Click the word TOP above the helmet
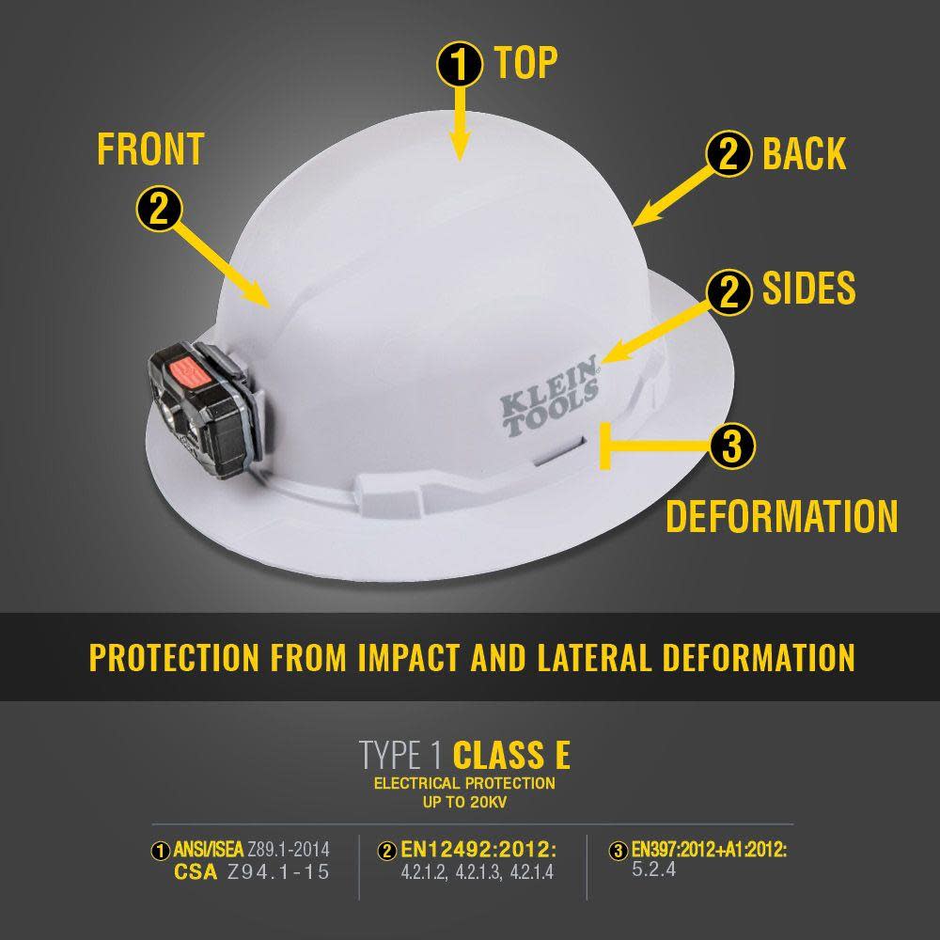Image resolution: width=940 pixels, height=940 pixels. pos(526,63)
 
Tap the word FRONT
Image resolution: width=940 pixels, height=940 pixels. pos(150,149)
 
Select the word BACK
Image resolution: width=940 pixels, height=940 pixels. pos(804,153)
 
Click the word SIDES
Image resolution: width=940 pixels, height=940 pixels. pos(808,289)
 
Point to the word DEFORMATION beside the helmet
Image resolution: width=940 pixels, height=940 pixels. pos(782,517)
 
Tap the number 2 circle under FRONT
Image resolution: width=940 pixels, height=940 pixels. pos(159,209)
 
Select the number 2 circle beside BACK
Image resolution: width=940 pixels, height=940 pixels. pos(729,154)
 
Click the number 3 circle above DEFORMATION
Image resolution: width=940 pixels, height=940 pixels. pos(732,446)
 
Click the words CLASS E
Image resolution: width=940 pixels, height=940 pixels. pos(511,755)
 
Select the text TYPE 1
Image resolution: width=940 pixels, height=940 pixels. pos(401,755)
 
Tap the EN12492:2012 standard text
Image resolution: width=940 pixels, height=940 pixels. pos(478,850)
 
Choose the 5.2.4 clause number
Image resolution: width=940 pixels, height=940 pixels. pos(654,869)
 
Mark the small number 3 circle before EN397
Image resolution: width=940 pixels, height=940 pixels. pos(618,852)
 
